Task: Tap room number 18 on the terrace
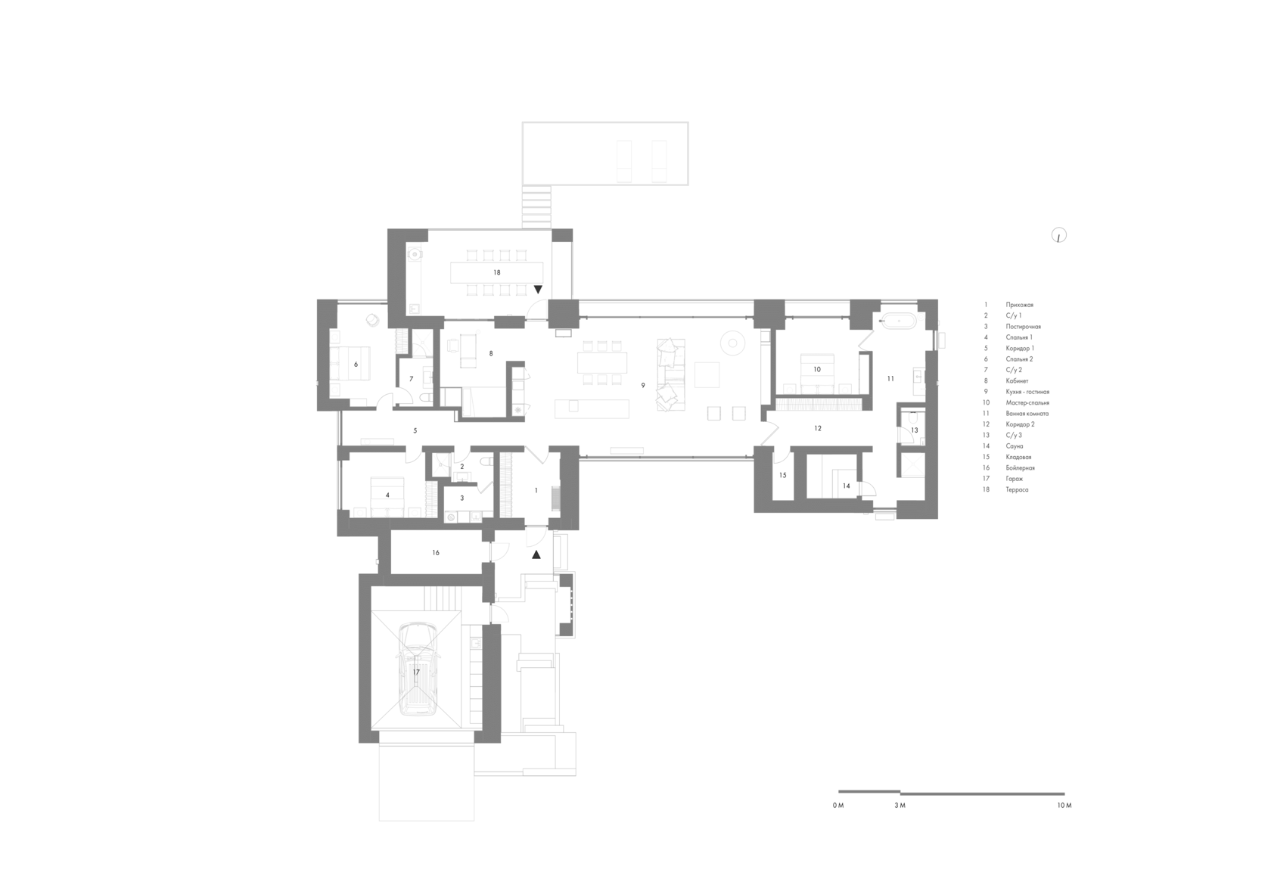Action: pos(497,272)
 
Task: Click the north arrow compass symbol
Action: pos(1059,235)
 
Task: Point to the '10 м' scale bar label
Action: pos(1064,806)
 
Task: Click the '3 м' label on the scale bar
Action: pos(900,806)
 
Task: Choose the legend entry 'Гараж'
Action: pos(1014,479)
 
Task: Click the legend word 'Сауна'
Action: pos(1015,446)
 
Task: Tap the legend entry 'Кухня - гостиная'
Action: pos(1027,392)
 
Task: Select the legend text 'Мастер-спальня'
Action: pos(1027,403)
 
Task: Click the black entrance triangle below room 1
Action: pos(536,555)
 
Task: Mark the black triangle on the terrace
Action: pos(538,290)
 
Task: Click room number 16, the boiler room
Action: pos(436,553)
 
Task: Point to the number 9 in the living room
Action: pos(643,385)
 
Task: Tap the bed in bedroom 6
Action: pos(350,364)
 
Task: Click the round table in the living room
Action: pos(732,343)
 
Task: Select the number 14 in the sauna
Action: pos(846,486)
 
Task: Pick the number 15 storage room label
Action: pos(782,476)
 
